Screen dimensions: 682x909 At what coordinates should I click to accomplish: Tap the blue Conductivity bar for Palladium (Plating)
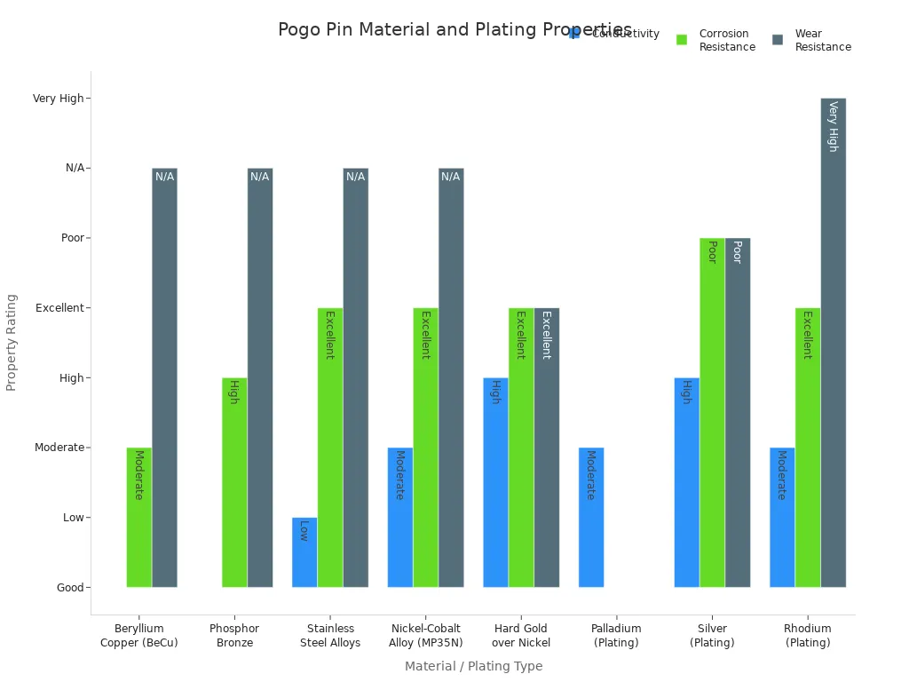click(x=591, y=517)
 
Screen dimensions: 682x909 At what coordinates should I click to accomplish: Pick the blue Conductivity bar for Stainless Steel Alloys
click(x=304, y=552)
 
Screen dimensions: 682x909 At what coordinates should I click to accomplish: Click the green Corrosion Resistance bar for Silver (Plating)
click(x=712, y=412)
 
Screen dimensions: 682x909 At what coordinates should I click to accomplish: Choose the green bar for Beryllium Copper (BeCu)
click(x=138, y=517)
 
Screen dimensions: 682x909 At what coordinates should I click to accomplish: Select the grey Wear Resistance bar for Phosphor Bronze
click(x=260, y=377)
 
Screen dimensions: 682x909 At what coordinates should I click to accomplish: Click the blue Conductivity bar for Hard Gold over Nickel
click(x=495, y=482)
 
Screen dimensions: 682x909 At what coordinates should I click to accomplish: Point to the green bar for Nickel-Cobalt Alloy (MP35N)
click(x=425, y=448)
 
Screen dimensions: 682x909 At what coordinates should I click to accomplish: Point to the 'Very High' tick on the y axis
click(x=59, y=99)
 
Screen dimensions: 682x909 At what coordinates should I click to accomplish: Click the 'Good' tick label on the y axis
click(x=70, y=588)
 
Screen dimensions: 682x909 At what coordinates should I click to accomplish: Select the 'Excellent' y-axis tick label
click(x=59, y=308)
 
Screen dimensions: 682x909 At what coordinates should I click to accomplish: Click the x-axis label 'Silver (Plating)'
click(x=712, y=636)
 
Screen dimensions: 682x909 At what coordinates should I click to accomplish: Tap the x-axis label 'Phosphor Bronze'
click(x=234, y=636)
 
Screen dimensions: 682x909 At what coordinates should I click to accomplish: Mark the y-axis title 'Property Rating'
click(x=12, y=342)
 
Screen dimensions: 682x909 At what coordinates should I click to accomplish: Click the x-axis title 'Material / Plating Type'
click(x=473, y=666)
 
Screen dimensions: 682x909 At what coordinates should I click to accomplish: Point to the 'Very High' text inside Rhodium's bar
click(x=833, y=126)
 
